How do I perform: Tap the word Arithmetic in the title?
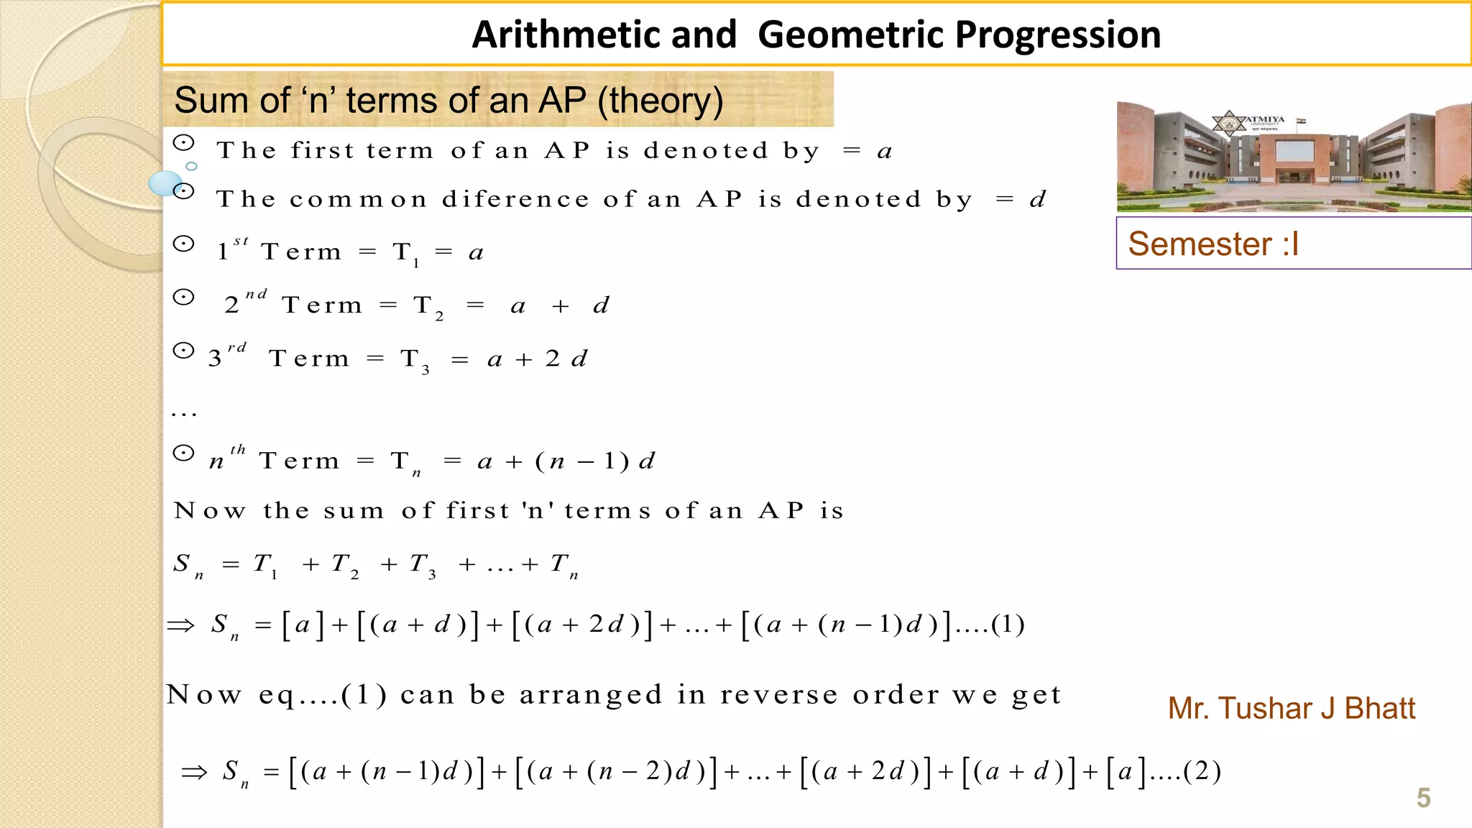604,34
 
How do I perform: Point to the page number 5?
1423,798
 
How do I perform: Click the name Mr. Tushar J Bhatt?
1291,709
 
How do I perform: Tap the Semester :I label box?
1293,244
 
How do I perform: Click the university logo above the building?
1228,123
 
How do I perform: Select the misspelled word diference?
515,199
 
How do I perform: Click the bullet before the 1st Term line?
184,244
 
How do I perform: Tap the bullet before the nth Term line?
184,454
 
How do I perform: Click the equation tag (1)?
1008,624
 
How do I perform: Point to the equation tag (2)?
1202,771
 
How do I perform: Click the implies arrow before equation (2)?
194,773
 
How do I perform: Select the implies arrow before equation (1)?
180,625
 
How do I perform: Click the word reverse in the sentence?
779,695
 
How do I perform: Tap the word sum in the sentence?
354,511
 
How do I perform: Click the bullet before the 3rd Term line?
184,351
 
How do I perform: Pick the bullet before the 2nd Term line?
184,298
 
